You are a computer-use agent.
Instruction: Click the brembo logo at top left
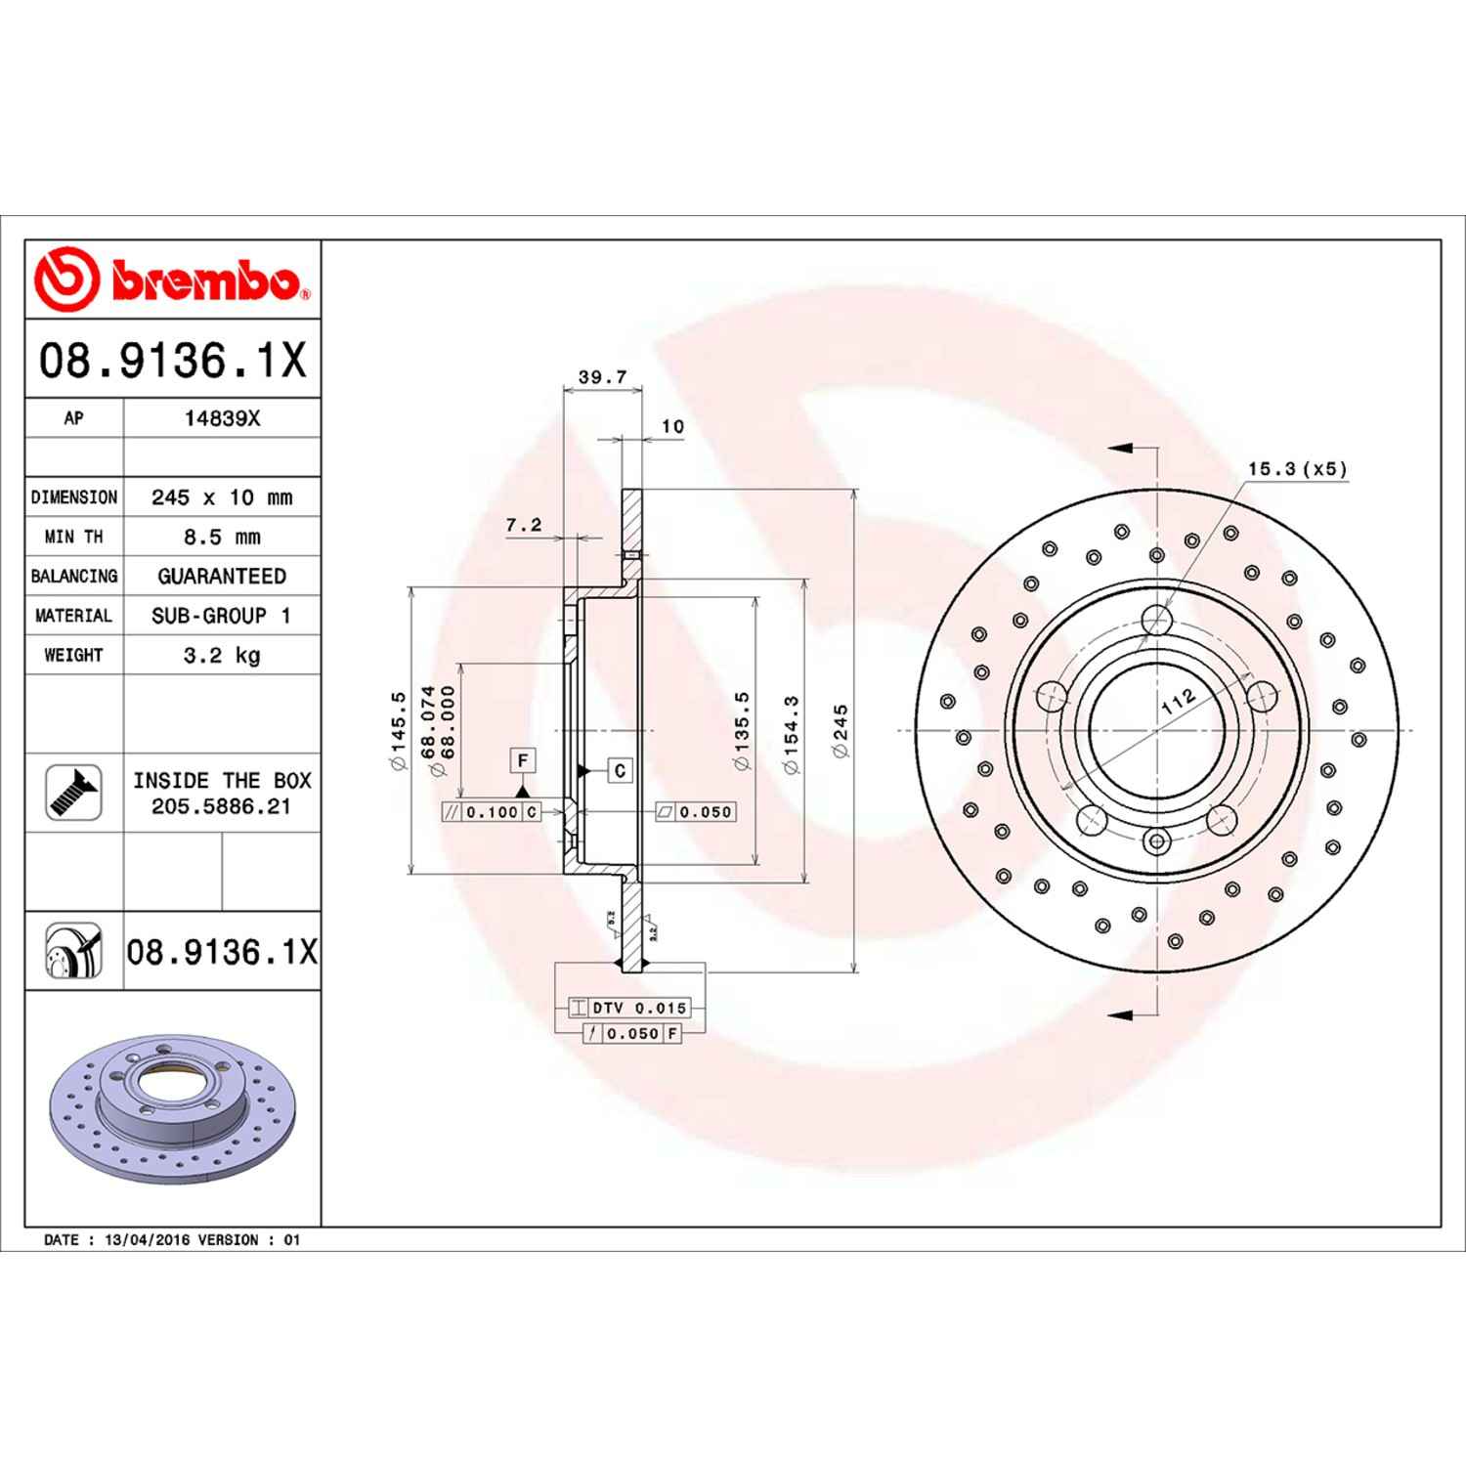[172, 280]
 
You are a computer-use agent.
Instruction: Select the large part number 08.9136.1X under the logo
[172, 360]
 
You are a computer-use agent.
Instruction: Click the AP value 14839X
[222, 418]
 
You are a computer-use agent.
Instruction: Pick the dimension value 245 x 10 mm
[222, 497]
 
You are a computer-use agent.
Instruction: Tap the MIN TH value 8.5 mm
[222, 537]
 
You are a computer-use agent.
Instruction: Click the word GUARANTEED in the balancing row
[222, 577]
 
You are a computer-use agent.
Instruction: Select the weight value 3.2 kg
[222, 655]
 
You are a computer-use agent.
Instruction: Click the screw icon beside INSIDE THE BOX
[73, 793]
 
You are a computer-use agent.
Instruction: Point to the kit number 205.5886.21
[222, 807]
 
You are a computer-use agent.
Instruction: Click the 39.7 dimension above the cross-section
[602, 377]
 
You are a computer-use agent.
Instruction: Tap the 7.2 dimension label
[524, 526]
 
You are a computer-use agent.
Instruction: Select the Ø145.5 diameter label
[398, 730]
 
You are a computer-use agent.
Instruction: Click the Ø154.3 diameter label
[792, 734]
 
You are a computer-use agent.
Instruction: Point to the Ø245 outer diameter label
[841, 730]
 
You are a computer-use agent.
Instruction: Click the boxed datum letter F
[523, 760]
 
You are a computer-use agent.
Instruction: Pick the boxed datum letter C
[620, 770]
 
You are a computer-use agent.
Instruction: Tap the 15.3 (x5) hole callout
[1297, 469]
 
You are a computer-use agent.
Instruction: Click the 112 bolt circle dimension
[1179, 701]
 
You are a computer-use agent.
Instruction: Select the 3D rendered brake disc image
[172, 1105]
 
